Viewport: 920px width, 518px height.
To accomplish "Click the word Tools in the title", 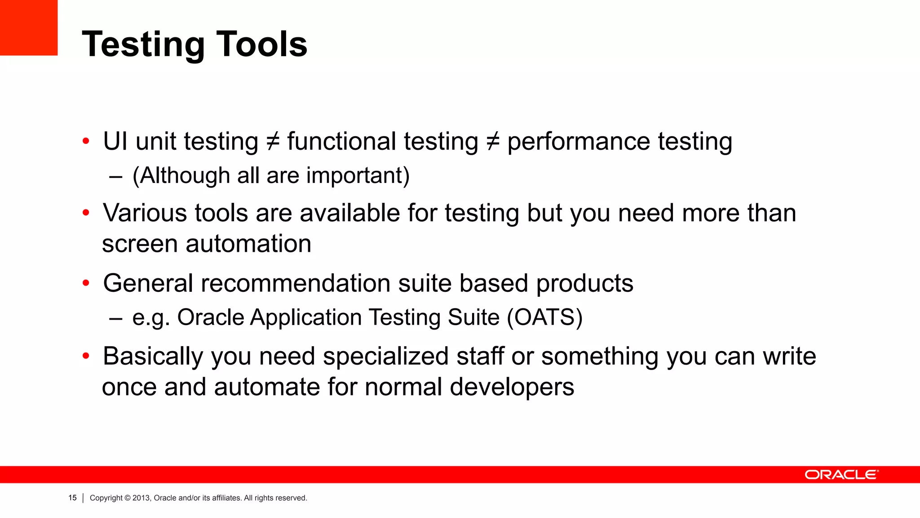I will [x=262, y=44].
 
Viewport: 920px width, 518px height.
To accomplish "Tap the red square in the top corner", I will [x=28, y=27].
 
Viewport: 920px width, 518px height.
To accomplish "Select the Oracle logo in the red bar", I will [x=841, y=475].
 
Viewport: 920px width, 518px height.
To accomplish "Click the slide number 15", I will [x=72, y=498].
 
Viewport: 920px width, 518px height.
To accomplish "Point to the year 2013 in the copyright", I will [x=141, y=498].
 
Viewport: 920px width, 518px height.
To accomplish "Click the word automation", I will [x=248, y=244].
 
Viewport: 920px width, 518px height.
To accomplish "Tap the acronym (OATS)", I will [x=544, y=317].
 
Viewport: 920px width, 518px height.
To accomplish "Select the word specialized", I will [x=385, y=356].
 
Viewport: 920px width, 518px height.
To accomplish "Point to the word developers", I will [x=512, y=387].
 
